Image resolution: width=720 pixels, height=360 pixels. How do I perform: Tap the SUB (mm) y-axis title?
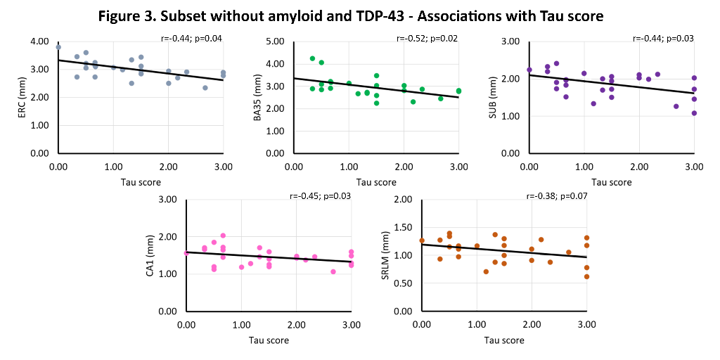(x=491, y=97)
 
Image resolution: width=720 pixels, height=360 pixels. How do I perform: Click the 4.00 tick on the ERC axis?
(x=40, y=41)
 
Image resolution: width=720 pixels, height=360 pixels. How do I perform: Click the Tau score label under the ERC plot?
(x=141, y=182)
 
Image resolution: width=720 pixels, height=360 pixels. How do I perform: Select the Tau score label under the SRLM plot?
(x=504, y=340)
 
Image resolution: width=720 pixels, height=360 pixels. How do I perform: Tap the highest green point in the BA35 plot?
(x=312, y=58)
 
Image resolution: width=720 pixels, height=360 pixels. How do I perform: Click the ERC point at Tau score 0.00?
(x=58, y=47)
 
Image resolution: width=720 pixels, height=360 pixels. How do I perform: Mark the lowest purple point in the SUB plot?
(x=694, y=112)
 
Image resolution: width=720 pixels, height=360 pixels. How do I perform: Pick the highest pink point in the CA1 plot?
(x=223, y=236)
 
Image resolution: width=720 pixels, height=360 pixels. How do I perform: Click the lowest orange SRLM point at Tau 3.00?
(x=586, y=276)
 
